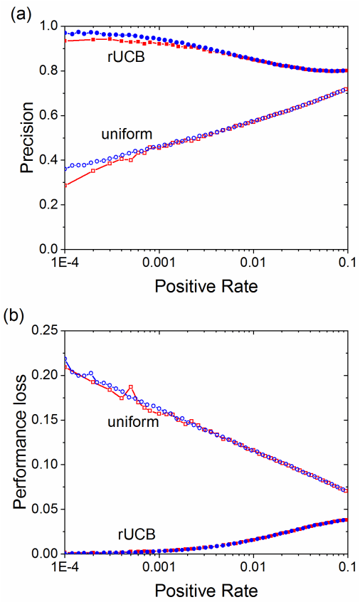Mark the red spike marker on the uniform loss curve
tap(131, 387)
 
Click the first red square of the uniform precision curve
tap(65, 185)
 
